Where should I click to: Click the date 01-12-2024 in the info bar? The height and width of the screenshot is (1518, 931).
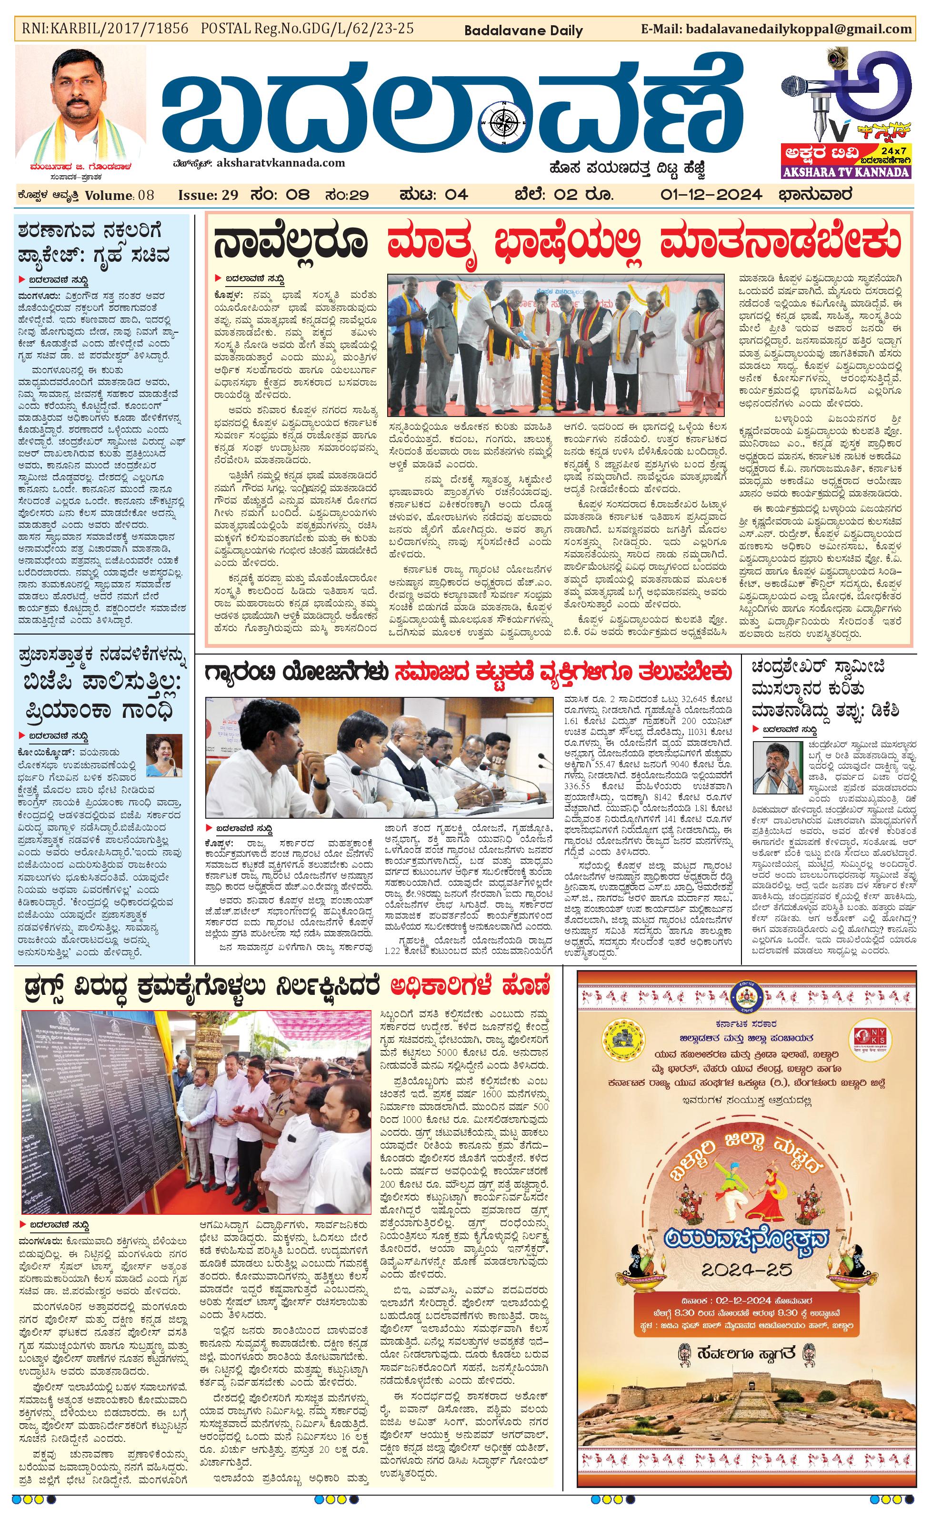tap(711, 195)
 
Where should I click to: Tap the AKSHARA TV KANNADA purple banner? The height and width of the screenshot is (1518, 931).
tap(845, 172)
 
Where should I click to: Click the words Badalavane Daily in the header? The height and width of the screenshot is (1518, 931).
tap(523, 30)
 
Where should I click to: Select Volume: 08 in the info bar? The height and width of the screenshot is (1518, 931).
tap(120, 195)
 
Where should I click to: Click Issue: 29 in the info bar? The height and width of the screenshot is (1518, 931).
tap(208, 195)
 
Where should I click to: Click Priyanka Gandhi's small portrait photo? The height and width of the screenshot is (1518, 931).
tap(164, 755)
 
